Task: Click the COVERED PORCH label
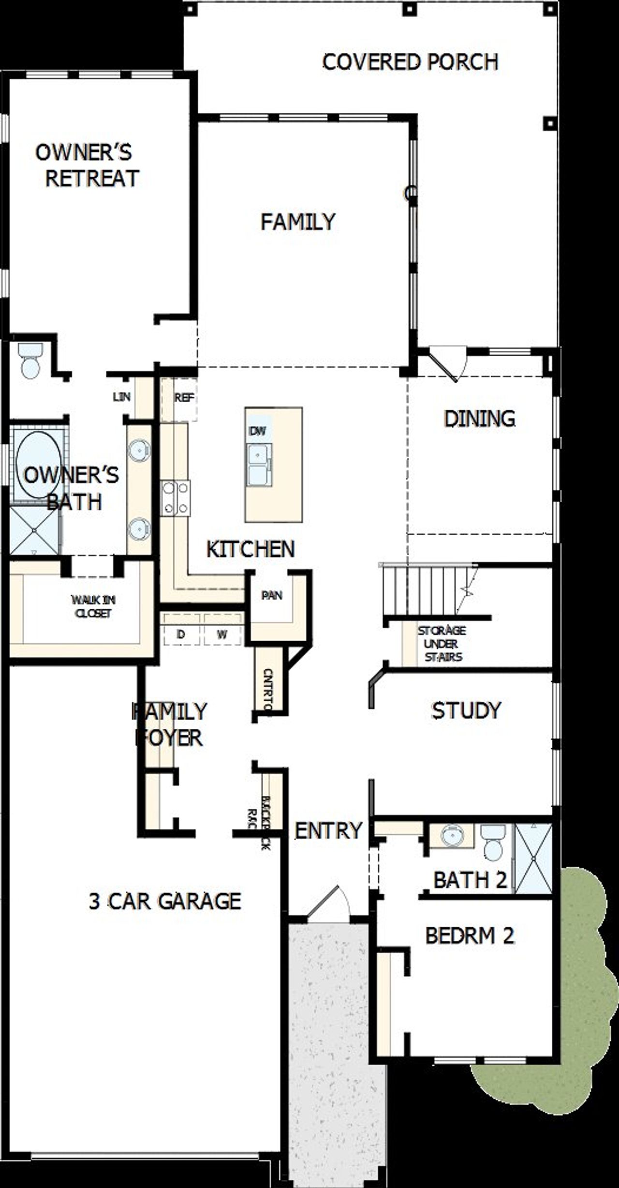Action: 410,62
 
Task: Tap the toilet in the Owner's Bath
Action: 31,362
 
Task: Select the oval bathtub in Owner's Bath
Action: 38,465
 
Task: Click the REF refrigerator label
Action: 184,398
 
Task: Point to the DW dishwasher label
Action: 257,431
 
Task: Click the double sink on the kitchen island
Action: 259,465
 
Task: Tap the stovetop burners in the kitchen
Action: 176,498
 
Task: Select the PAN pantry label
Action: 272,595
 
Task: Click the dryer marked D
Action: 181,634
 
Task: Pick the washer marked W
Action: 222,634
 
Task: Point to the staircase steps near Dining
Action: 426,590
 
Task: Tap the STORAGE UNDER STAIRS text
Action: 442,644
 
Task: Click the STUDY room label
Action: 466,710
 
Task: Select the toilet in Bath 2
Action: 494,842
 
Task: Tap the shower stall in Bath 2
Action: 533,858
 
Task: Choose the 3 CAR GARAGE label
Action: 165,902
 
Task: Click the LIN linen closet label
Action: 121,397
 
